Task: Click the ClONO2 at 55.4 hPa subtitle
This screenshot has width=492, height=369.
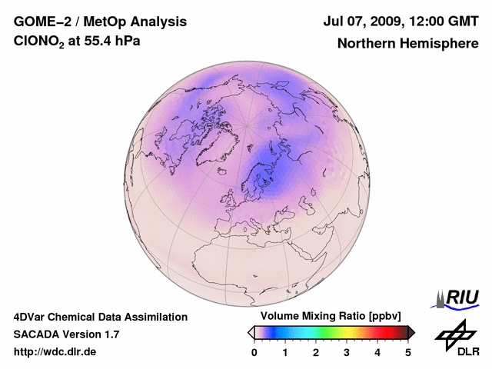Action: (77, 42)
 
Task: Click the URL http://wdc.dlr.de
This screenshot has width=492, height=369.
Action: (55, 352)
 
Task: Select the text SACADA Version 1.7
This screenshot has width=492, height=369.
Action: (66, 334)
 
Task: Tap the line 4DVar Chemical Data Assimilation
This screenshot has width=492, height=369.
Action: (101, 317)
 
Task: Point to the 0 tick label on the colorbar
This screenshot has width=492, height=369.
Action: (254, 352)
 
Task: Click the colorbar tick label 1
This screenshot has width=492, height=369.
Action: (285, 352)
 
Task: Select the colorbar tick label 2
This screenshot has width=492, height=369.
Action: (316, 352)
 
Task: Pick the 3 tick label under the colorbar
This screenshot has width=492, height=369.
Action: (347, 352)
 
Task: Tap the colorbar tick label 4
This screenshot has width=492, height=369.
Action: (377, 352)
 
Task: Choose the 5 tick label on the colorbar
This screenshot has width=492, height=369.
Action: (408, 352)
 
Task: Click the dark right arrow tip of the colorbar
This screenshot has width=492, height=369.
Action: (412, 332)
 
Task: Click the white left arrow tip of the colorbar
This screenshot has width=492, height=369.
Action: (251, 332)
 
